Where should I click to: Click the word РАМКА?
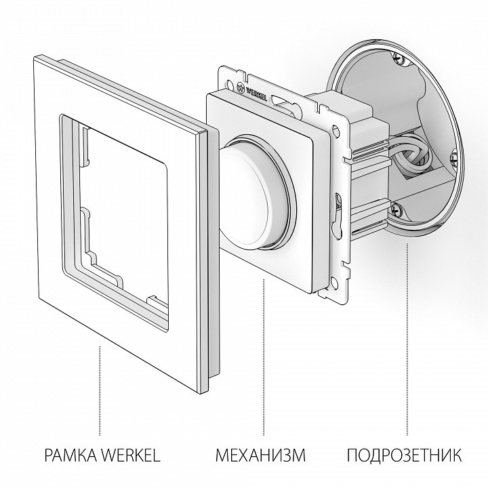[x=70, y=453]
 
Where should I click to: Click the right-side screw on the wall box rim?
[x=453, y=158]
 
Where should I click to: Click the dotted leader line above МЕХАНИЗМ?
[x=264, y=352]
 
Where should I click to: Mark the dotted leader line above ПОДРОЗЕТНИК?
[x=407, y=339]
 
